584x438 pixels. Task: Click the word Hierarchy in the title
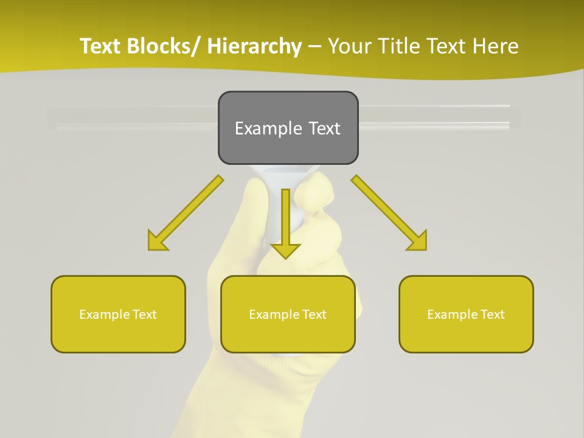[254, 46]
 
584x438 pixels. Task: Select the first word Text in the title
[100, 46]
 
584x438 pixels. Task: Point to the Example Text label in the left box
[117, 315]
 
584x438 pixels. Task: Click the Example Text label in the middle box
[287, 315]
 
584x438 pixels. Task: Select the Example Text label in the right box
[466, 315]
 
